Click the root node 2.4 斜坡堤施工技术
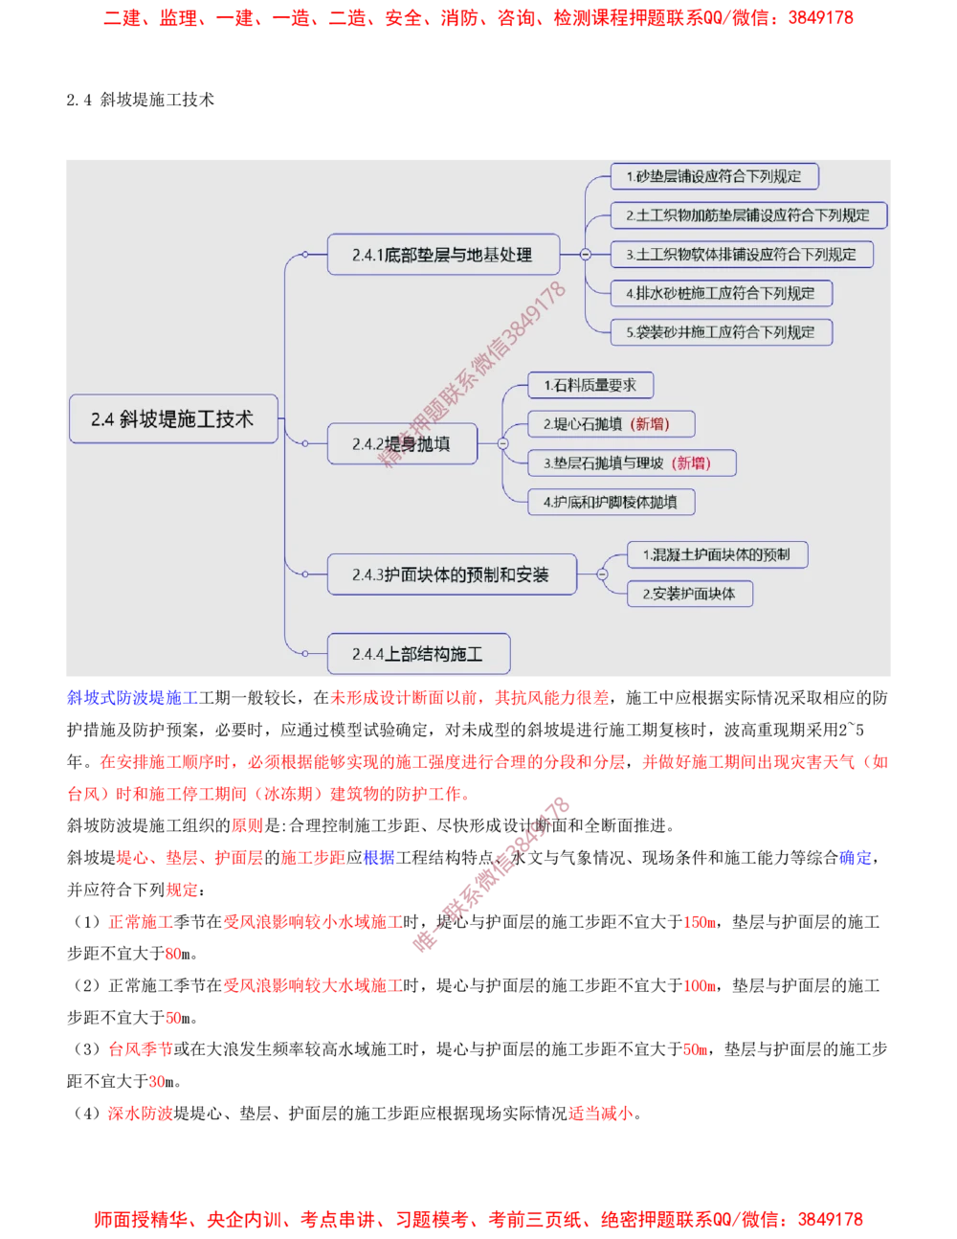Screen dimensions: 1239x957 coord(173,419)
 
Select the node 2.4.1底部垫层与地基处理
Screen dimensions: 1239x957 coord(442,255)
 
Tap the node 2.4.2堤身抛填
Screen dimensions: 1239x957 coord(401,444)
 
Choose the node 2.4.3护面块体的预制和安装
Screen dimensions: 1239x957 coord(451,574)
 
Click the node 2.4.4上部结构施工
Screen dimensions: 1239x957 coord(417,654)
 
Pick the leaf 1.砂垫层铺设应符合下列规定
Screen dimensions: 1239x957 coord(714,176)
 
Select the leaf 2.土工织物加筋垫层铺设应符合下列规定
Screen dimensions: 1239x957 coord(748,215)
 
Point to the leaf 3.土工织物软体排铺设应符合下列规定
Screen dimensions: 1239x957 coord(742,255)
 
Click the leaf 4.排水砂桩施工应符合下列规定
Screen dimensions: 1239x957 coord(721,293)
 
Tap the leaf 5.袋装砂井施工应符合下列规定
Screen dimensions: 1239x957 coord(721,332)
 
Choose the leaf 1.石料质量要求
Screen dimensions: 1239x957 coord(590,385)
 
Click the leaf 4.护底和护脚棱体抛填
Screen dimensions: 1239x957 coord(611,502)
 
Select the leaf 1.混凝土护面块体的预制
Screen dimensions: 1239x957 coord(717,554)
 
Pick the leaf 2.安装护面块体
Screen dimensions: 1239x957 coord(689,594)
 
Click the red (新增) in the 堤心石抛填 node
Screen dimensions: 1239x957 coord(651,424)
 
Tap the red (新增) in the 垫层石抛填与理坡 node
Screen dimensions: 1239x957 coord(692,463)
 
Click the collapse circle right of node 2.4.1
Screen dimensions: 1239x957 coord(586,255)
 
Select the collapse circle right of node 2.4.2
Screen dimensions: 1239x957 coord(502,443)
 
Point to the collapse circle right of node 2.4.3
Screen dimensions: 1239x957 coord(602,574)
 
